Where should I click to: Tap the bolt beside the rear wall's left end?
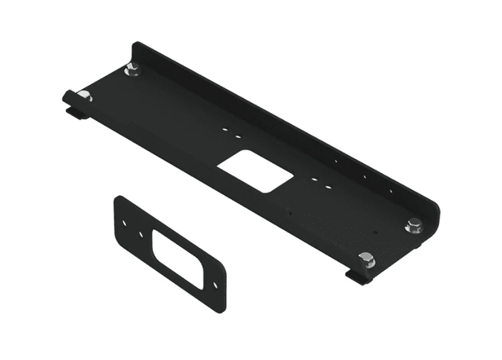[x=132, y=71]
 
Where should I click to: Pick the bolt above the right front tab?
[x=365, y=258]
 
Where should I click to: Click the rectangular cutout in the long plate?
[x=252, y=171]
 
